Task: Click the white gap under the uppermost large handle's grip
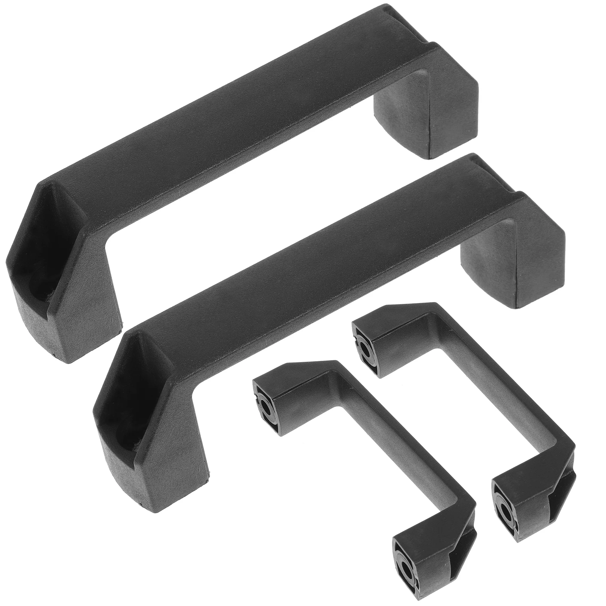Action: click(242, 189)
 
